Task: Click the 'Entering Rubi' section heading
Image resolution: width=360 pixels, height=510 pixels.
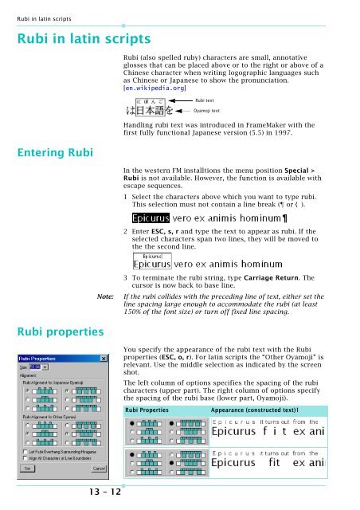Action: [x=49, y=151]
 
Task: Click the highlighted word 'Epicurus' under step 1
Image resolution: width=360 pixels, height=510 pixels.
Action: [x=150, y=218]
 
